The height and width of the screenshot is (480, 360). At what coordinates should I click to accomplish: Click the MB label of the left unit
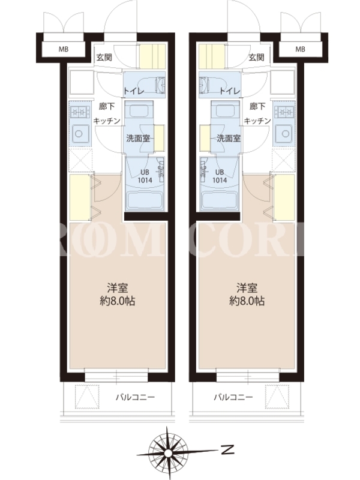coord(64,49)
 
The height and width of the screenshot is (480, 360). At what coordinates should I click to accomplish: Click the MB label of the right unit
coord(301,49)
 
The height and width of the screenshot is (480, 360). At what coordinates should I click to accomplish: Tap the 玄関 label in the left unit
coord(104,57)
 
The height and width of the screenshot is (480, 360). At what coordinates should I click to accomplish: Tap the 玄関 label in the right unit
coord(257,57)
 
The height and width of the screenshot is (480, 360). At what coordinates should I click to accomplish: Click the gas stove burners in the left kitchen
coord(80,112)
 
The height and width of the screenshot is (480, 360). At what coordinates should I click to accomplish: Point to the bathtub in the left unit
coord(145,200)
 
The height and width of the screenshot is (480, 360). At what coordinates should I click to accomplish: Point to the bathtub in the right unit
coord(219,200)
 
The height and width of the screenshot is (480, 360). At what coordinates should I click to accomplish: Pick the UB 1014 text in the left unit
coord(145,176)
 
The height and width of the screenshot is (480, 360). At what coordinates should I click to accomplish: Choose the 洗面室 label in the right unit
coord(229,139)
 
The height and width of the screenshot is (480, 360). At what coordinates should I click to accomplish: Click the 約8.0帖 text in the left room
coord(118,301)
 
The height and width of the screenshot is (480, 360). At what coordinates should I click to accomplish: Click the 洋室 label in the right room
coord(247,288)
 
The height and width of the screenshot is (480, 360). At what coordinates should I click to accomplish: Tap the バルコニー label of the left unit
coord(136,397)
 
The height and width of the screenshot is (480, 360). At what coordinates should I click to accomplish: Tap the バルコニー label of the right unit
coord(233,397)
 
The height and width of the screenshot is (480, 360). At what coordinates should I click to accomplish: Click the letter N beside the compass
coord(227,449)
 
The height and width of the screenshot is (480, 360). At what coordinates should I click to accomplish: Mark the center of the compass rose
coord(167,453)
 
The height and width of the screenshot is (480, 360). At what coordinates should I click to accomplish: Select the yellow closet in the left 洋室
coord(80,197)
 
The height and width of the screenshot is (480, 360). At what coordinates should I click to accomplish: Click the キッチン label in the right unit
coord(257,121)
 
